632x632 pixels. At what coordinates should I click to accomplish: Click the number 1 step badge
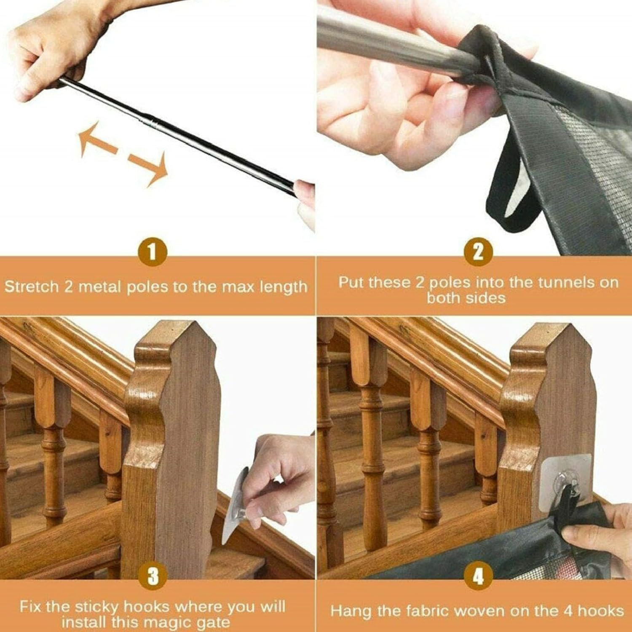[153, 252]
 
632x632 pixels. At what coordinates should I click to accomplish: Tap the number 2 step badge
[478, 252]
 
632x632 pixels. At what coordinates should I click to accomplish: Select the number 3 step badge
[153, 576]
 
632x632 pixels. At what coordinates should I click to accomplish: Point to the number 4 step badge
[478, 576]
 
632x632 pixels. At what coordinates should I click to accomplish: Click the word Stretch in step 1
[32, 287]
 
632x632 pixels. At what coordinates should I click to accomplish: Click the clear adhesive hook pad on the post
[566, 483]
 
